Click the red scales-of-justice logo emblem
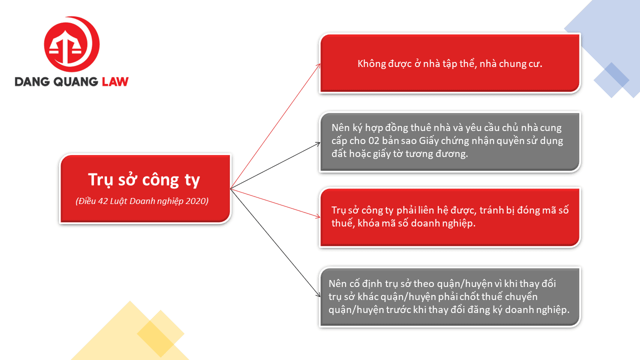(71, 44)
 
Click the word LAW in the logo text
(115, 81)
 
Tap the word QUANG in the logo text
(75, 82)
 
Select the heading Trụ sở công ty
(144, 180)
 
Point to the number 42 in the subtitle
(103, 201)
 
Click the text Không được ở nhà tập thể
(417, 63)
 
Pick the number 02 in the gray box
(373, 141)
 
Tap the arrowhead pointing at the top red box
(318, 66)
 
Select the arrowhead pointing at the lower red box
(317, 216)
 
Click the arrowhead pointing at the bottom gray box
(317, 294)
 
